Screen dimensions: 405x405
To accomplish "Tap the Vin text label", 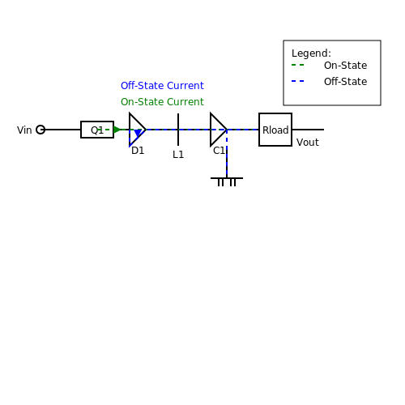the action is (24, 130).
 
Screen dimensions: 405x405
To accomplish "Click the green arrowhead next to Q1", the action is (117, 130).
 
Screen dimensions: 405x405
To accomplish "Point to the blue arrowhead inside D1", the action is (138, 133).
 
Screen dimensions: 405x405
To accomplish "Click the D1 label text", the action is (138, 151).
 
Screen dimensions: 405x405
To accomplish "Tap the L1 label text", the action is (178, 155).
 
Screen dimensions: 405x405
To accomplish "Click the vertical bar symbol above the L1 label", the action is (178, 130).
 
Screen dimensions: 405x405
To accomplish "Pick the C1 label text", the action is (219, 151).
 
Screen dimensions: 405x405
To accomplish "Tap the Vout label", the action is (308, 143).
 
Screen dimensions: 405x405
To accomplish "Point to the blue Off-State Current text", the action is (162, 86).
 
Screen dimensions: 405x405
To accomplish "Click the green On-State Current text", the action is (162, 102).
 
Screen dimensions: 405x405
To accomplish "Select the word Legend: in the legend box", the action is (311, 53).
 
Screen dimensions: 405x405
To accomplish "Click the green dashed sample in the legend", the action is (298, 65).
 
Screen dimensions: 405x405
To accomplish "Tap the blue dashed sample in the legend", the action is (298, 81).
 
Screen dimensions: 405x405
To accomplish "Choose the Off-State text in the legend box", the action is (346, 82).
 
